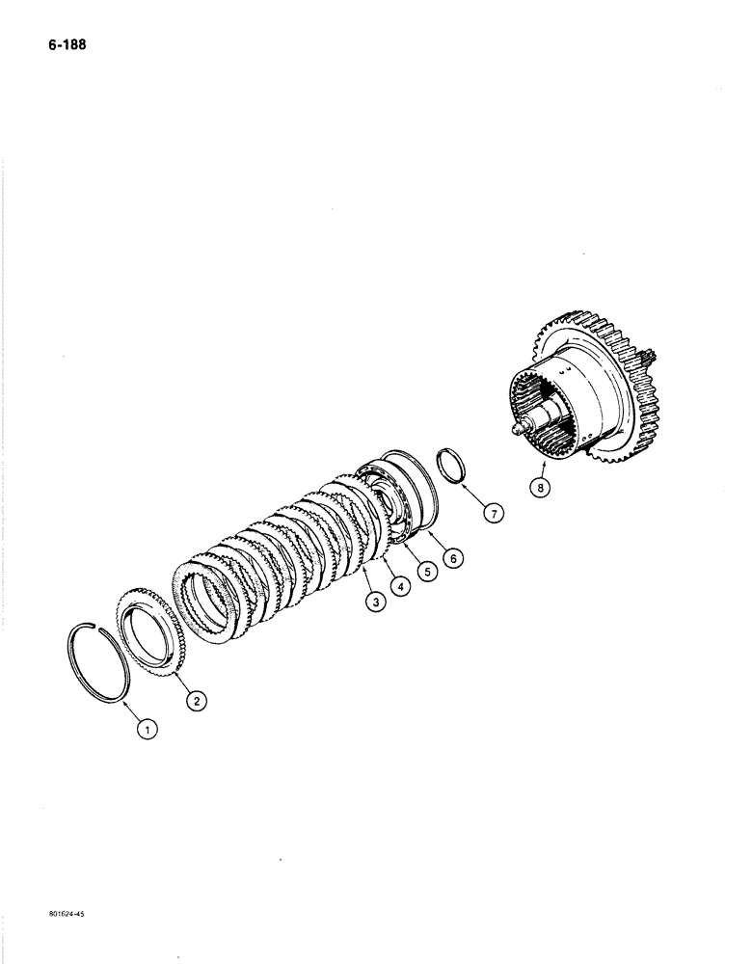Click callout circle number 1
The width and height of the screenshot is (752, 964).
[x=148, y=731]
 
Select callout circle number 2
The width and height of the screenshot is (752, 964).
[x=196, y=701]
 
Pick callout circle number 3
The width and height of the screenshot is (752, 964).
[x=372, y=602]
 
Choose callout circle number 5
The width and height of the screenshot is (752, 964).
[x=425, y=571]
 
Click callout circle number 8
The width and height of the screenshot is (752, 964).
[x=540, y=488]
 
